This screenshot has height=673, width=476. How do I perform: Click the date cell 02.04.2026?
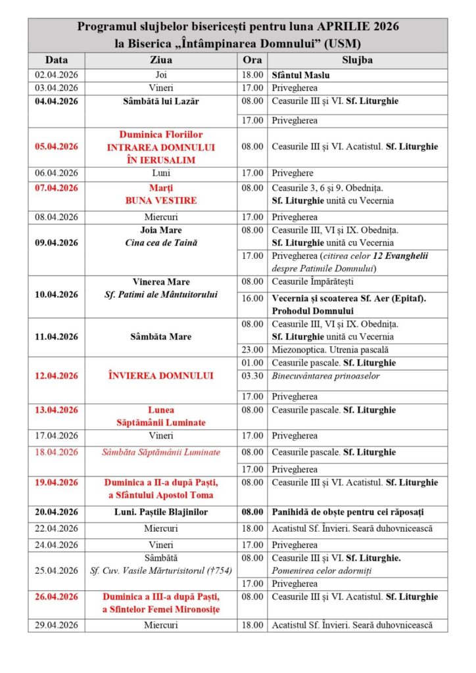coord(57,75)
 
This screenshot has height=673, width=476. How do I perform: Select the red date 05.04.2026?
coord(57,147)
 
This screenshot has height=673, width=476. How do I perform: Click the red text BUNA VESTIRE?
coord(153,200)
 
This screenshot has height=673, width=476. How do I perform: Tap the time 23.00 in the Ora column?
coord(252,350)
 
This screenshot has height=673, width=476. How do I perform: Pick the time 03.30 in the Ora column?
coord(252,376)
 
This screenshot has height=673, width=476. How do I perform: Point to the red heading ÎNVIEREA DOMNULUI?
coord(153,376)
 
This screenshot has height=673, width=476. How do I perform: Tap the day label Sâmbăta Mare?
coord(153,336)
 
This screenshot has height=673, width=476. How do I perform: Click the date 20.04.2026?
coord(57,512)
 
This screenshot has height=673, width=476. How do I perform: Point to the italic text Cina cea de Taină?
coord(153,243)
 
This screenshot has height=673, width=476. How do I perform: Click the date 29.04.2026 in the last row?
coord(57,625)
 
